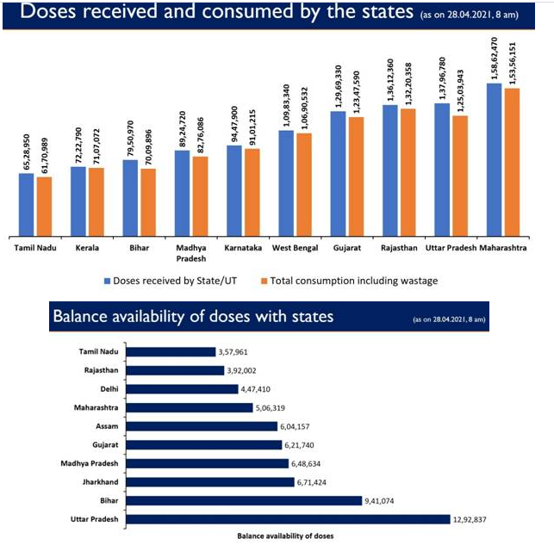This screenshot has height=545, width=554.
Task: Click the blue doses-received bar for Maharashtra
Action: pyautogui.click(x=495, y=158)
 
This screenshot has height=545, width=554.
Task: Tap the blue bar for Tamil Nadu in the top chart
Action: pyautogui.click(x=27, y=203)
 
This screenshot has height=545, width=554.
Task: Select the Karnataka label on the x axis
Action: pyautogui.click(x=243, y=248)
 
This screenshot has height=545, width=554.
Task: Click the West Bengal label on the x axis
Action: pyautogui.click(x=295, y=248)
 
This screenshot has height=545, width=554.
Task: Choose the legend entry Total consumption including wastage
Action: pyautogui.click(x=354, y=281)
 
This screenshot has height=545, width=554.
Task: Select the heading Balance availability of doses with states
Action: pyautogui.click(x=193, y=317)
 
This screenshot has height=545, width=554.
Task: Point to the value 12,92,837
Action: pyautogui.click(x=476, y=519)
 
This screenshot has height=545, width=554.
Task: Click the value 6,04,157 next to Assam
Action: pyautogui.click(x=302, y=425)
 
